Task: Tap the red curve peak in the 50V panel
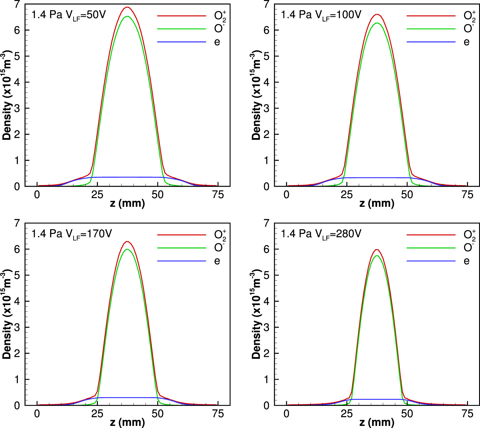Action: (x=127, y=7)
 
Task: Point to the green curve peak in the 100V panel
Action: (x=377, y=23)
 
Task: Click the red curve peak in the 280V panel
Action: (x=377, y=249)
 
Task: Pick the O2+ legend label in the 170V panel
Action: (x=220, y=235)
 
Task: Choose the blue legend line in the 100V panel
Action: (x=431, y=42)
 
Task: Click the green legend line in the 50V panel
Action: (x=181, y=29)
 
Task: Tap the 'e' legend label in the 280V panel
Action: (x=466, y=261)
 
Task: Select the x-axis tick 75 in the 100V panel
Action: (x=467, y=195)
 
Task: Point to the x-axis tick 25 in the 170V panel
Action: (x=97, y=414)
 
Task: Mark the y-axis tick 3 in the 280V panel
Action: (x=267, y=327)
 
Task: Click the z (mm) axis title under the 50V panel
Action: (x=127, y=204)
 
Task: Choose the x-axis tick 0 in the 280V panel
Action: (x=286, y=414)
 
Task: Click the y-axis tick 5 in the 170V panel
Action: (x=17, y=275)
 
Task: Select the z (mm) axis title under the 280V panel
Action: (x=377, y=423)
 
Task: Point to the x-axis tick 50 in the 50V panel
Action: (x=157, y=195)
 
